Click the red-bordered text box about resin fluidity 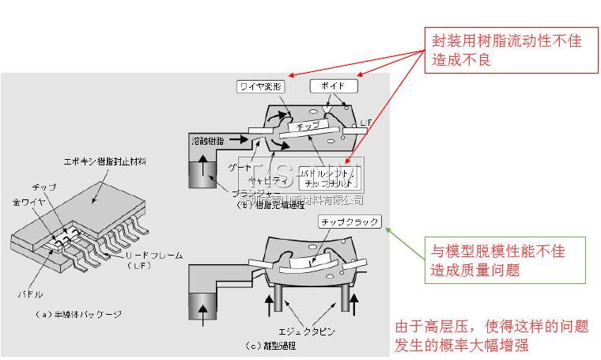point(511,49)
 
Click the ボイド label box point(333,85)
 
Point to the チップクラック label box point(349,222)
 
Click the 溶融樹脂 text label point(208,139)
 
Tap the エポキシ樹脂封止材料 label point(104,161)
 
